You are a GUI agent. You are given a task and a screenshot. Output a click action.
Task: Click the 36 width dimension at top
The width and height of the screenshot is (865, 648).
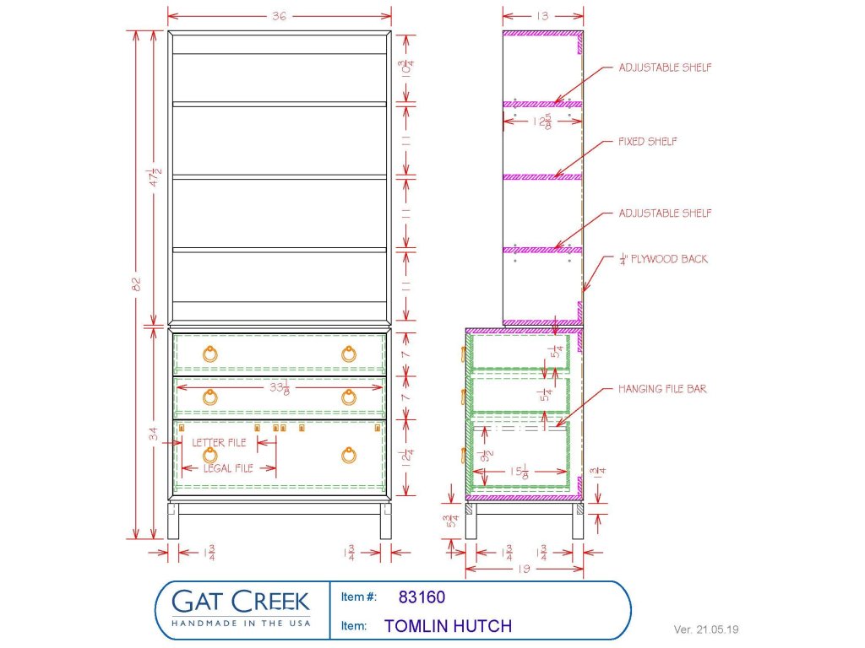pos(279,16)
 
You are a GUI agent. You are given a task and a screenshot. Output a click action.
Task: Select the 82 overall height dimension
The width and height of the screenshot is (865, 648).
pos(136,283)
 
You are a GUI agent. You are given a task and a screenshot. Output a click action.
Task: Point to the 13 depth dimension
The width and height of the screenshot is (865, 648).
pos(543,16)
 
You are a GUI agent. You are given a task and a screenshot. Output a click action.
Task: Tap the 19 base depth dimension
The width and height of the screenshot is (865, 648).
pos(524,568)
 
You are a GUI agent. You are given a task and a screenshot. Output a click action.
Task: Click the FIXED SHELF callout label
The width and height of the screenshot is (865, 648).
pos(647,142)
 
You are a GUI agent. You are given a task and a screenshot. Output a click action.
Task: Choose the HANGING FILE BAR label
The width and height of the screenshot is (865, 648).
pos(662,389)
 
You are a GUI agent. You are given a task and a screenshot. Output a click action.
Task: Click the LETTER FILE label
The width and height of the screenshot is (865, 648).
pos(219,442)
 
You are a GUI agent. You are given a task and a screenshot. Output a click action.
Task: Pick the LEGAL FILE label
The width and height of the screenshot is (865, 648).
pos(228,468)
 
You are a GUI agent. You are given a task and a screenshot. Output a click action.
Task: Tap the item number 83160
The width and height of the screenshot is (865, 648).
pos(422,597)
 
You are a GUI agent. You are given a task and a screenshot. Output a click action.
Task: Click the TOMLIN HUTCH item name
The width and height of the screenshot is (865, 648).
pos(448,627)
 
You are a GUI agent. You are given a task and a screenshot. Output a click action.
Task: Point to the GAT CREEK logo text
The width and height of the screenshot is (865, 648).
pos(241,602)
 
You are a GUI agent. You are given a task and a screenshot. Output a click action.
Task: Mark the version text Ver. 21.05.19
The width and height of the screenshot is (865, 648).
pos(705,629)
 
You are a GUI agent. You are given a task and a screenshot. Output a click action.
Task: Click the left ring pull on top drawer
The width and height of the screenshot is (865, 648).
pos(209,354)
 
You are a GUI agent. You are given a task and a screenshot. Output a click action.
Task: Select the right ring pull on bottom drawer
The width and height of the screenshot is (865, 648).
pos(348,455)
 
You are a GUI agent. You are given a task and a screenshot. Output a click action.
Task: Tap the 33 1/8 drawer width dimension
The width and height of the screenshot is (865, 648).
pos(280,388)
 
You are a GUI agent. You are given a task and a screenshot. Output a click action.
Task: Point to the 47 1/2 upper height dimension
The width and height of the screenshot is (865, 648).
pos(156,177)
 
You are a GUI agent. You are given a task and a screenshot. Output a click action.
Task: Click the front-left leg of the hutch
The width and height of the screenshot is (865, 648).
pos(173,521)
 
